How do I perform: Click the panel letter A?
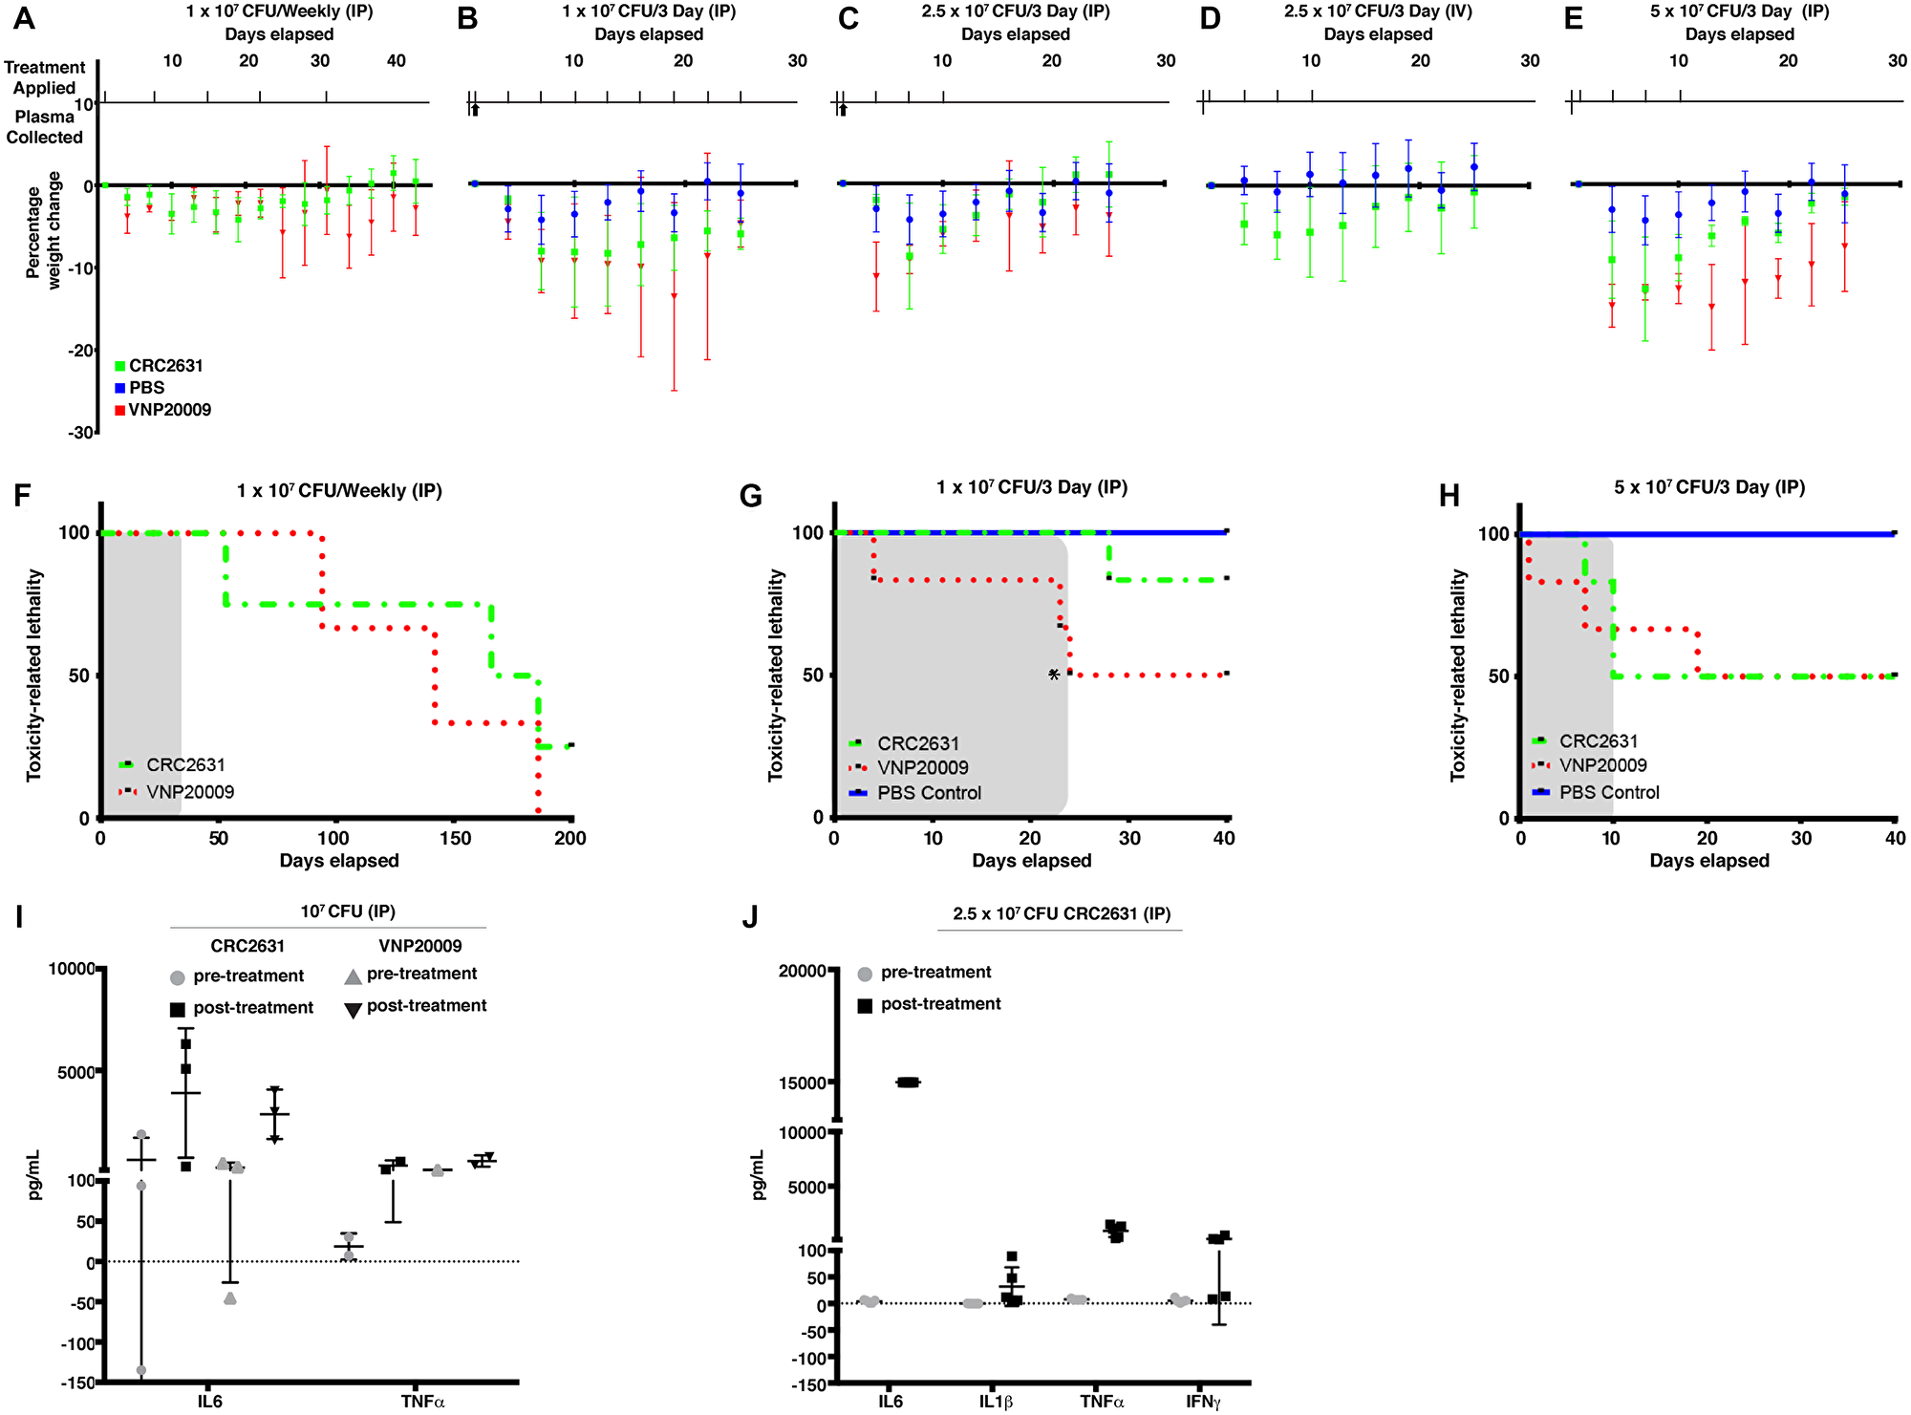24,18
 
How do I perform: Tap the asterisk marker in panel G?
1054,675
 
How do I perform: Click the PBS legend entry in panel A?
146,388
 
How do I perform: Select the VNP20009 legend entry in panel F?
189,792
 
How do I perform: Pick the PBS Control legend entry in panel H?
1608,793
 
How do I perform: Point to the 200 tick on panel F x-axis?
570,839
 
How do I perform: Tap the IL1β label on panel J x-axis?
996,1402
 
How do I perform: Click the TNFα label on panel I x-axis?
422,1402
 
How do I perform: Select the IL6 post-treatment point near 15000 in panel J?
908,1083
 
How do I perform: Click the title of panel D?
1378,12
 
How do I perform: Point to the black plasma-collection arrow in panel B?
475,111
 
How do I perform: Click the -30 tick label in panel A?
80,433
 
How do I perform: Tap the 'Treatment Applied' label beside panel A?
44,77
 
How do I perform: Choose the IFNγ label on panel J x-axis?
1203,1402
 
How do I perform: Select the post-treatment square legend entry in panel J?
940,1004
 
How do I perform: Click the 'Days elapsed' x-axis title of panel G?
1031,861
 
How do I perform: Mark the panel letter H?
1449,495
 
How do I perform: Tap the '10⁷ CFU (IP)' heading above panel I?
348,911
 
